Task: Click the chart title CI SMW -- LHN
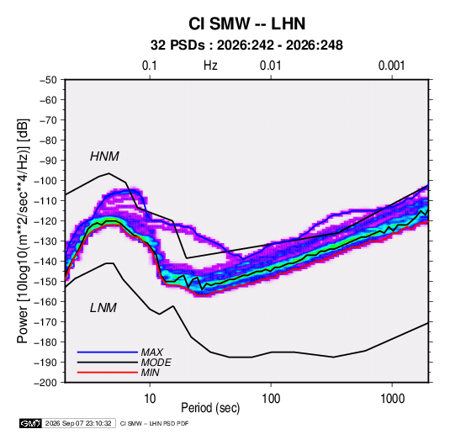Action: point(246,24)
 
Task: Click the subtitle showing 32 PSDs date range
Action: point(246,45)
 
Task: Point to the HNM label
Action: point(104,156)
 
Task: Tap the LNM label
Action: point(103,308)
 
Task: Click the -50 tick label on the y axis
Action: point(48,80)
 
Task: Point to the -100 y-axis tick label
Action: point(45,181)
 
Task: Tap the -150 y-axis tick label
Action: point(45,282)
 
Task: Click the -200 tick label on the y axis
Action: point(45,383)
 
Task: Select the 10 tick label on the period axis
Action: point(150,399)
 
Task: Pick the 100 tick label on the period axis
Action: point(271,399)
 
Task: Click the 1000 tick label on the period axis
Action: point(392,399)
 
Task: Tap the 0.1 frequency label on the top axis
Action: point(150,66)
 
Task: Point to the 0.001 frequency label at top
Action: point(391,66)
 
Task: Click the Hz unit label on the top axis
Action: point(210,66)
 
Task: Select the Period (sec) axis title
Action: point(210,408)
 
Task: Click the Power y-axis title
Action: point(23,231)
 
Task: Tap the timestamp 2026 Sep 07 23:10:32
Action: point(78,423)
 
